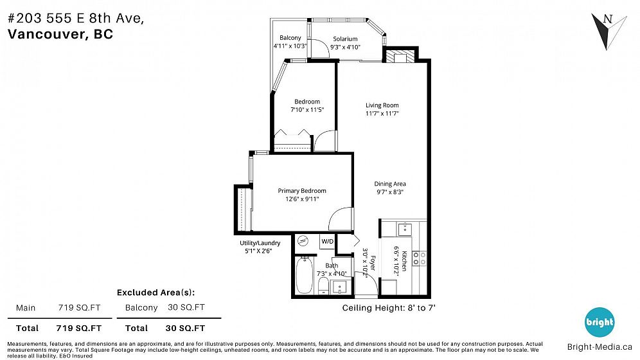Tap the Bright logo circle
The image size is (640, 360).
tap(599, 322)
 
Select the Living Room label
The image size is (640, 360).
tap(382, 105)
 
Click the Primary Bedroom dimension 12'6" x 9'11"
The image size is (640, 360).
tap(302, 199)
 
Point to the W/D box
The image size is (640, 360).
tap(327, 241)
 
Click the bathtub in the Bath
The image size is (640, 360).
tap(304, 275)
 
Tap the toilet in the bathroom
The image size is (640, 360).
tap(323, 285)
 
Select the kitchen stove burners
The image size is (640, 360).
tap(419, 258)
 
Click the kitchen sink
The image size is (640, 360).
tap(404, 229)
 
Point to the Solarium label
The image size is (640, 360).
tap(345, 39)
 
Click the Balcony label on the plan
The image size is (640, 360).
tap(290, 38)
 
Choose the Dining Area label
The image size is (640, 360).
tap(390, 184)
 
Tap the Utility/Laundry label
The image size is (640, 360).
tap(260, 243)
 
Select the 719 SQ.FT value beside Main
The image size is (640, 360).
tap(79, 308)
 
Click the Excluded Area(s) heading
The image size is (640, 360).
tap(156, 292)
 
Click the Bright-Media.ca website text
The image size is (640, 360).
tap(600, 347)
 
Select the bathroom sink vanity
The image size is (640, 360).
tap(339, 287)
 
